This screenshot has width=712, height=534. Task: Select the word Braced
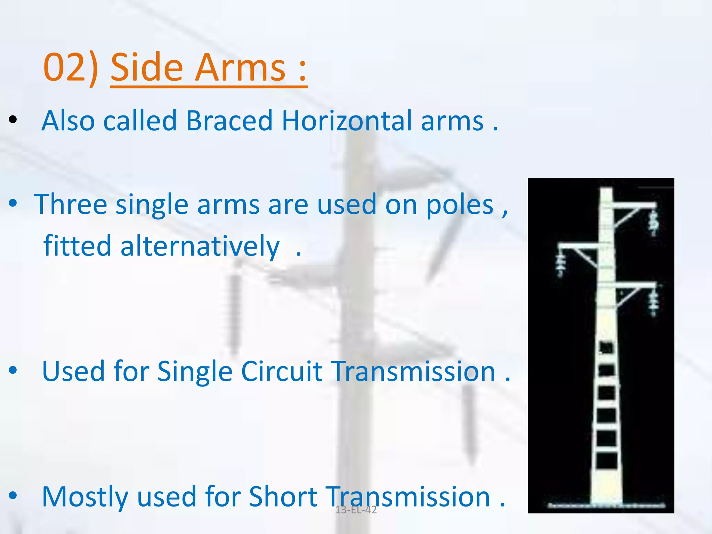(x=229, y=121)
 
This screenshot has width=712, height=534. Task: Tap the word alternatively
(x=200, y=246)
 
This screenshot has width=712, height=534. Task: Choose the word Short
(x=283, y=496)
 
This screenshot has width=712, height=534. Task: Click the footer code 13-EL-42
(x=356, y=510)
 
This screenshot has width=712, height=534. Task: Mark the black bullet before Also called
(x=13, y=120)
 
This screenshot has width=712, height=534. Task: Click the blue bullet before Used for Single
(x=13, y=371)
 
